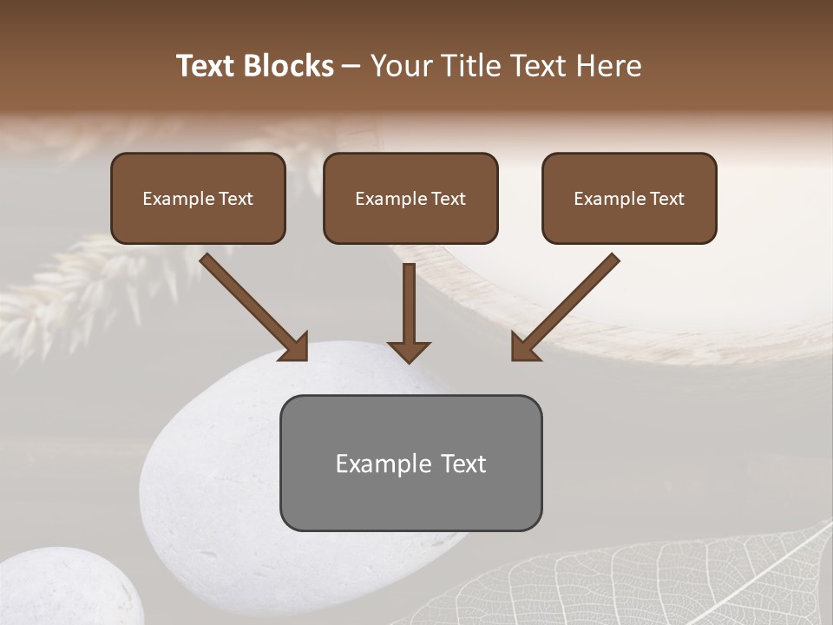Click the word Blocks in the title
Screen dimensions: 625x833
[290, 66]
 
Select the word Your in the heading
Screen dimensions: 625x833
[403, 66]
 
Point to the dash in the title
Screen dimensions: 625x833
[352, 67]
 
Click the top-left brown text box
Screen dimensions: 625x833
[198, 198]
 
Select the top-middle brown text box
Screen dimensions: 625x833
[410, 198]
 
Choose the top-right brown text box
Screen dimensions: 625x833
[629, 198]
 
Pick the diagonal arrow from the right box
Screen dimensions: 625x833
[566, 306]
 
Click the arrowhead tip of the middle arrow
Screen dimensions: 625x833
[410, 359]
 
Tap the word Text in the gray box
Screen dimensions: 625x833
[462, 464]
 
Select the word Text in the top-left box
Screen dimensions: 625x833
[236, 199]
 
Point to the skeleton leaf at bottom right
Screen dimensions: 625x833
[659, 582]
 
